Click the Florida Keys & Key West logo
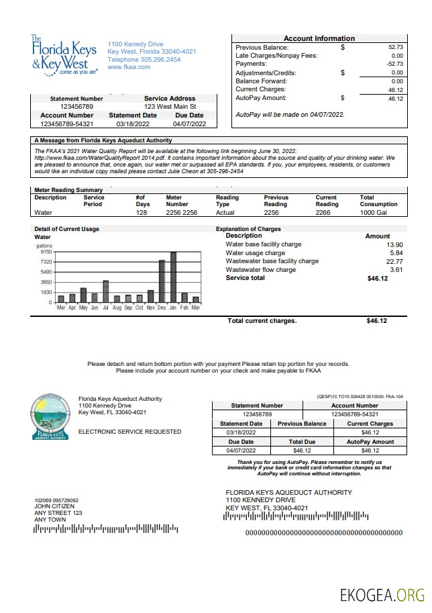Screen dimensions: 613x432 [64, 55]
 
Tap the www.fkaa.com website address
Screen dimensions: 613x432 [128, 67]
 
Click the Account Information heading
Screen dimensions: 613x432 [319, 38]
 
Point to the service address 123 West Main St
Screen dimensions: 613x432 [170, 107]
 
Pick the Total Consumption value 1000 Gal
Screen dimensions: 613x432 [373, 213]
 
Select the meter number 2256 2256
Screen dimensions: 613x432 [181, 213]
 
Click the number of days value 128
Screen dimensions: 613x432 [141, 213]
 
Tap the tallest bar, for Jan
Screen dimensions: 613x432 [173, 277]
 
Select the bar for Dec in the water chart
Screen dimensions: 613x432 [162, 281]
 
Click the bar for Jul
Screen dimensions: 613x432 [105, 291]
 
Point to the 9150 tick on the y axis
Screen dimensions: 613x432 [46, 252]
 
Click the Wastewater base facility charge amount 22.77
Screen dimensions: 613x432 [394, 261]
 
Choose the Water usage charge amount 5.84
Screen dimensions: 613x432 [396, 253]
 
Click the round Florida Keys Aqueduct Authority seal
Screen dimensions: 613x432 [50, 416]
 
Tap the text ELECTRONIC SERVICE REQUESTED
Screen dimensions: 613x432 [129, 432]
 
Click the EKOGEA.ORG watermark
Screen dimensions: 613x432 [382, 595]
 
